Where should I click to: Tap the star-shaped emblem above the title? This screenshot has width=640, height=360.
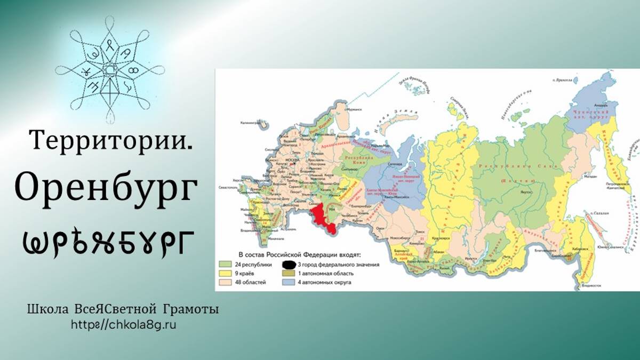[110, 70]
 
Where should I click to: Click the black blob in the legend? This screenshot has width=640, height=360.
[289, 264]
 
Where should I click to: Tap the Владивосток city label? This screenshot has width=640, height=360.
[593, 286]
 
